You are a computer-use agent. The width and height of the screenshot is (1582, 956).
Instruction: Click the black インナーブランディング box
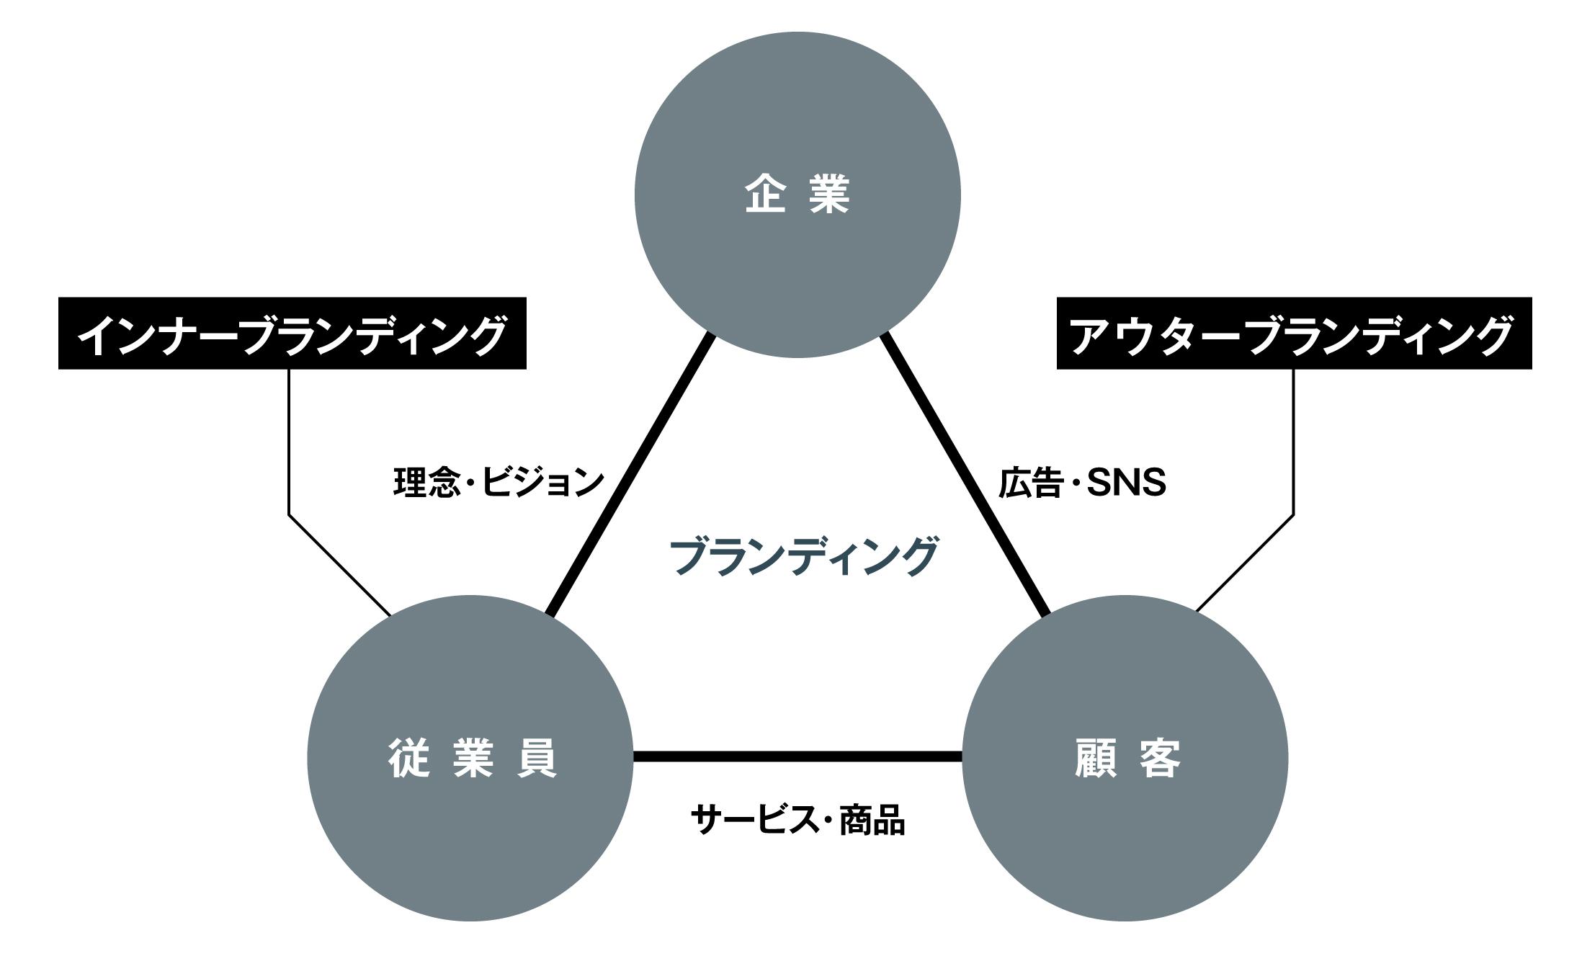292,334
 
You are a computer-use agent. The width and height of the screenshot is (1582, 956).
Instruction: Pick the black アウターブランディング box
1294,334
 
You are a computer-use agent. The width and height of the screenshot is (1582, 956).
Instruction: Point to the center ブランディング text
803,556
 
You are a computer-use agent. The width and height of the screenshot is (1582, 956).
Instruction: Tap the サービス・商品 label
797,820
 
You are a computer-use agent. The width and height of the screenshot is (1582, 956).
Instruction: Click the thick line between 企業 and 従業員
630,475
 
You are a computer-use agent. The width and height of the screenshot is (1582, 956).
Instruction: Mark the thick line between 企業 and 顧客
965,475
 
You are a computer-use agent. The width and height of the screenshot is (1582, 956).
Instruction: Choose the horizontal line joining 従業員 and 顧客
797,756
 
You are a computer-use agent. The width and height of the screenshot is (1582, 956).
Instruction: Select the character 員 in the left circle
537,758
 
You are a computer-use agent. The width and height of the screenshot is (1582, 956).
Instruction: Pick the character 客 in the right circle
1161,758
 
